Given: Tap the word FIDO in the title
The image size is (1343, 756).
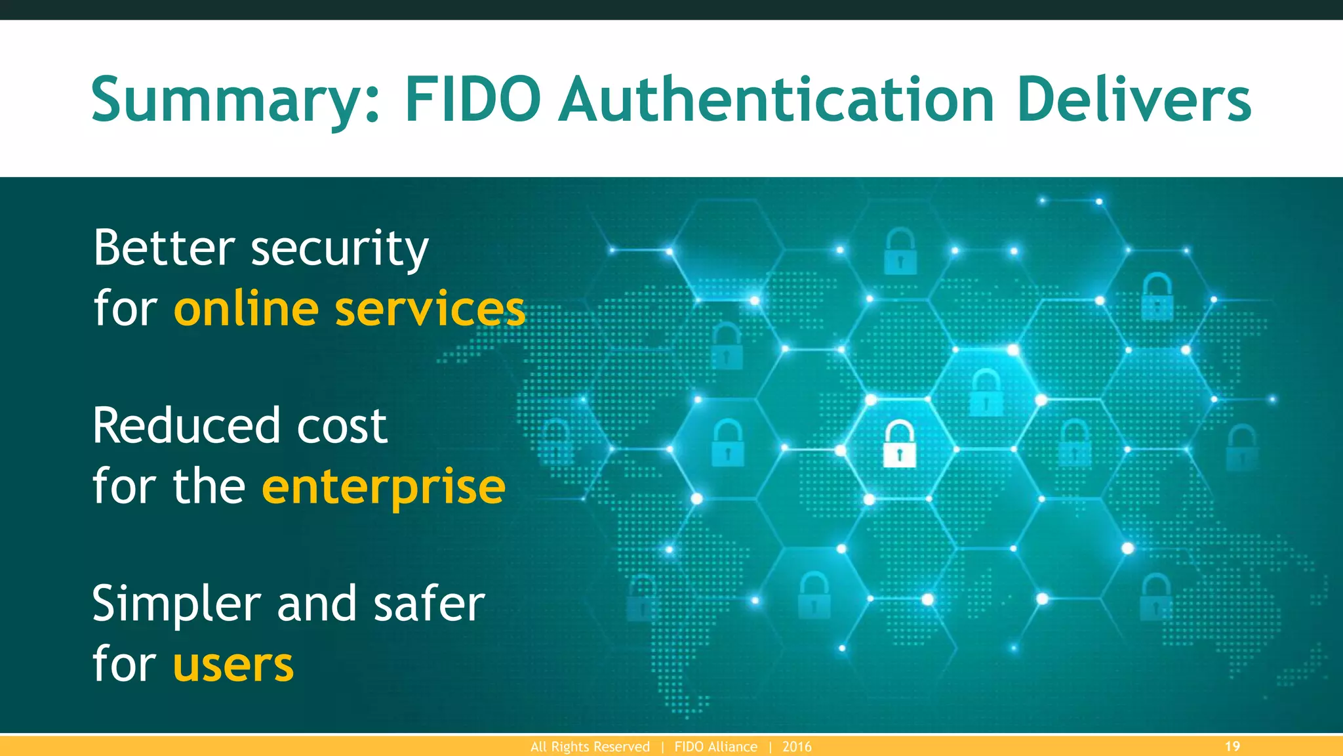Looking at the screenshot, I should coord(473,100).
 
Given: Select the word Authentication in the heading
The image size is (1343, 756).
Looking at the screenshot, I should coord(777,100).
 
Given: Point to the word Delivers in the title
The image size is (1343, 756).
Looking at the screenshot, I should coord(1134,100).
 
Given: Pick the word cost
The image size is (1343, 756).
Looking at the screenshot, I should coord(342,427).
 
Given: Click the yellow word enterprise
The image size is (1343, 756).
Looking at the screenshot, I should coord(384,488).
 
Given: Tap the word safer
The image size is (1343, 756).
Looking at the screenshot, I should coord(430,604).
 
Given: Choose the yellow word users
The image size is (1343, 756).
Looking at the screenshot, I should coord(233,665).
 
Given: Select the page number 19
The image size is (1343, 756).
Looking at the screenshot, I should coord(1232,746).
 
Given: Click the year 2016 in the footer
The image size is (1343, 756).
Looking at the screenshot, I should coord(797,747).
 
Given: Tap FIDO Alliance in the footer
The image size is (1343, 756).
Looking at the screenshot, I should coord(715,747).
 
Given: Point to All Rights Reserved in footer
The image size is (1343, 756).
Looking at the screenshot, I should coord(590,747).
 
